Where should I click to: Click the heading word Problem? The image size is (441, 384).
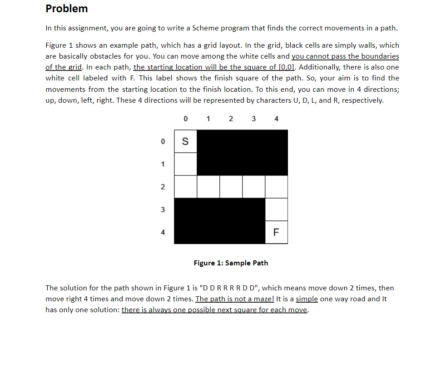[67, 9]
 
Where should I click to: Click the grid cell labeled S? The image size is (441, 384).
[185, 141]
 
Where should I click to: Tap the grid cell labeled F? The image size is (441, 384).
[276, 232]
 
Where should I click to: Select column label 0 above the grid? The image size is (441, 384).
[185, 119]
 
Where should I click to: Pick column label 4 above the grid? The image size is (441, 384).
[277, 119]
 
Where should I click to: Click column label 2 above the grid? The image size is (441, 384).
[231, 119]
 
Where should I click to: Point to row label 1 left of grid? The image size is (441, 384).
[163, 164]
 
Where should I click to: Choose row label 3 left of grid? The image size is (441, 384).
[163, 209]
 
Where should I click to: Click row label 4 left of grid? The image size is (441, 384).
[163, 232]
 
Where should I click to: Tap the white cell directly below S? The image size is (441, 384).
[185, 164]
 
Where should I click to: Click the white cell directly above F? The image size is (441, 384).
[276, 209]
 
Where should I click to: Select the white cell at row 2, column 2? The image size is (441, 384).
[231, 187]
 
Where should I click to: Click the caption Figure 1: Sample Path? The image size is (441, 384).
[231, 263]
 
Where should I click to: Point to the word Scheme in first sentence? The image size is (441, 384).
[205, 28]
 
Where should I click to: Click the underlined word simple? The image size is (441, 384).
[307, 299]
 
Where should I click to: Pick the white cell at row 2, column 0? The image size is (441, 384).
[185, 187]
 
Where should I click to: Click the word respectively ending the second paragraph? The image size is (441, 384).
[362, 100]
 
